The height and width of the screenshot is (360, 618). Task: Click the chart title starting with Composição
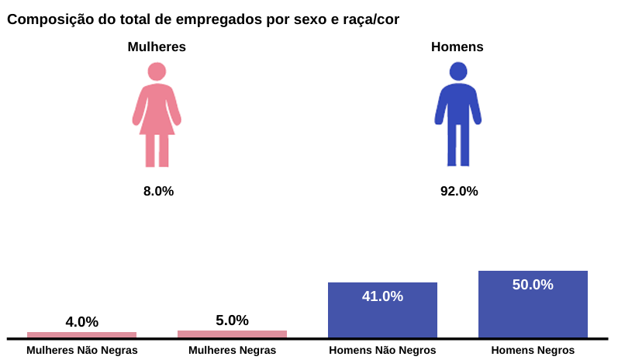(203, 19)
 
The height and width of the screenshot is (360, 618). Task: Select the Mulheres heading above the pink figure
(157, 47)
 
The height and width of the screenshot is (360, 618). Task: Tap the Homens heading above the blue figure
(457, 47)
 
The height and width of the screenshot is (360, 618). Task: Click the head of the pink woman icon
(157, 71)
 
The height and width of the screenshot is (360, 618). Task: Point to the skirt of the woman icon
(157, 120)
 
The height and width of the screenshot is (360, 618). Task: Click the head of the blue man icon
(458, 71)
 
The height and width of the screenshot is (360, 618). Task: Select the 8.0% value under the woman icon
(158, 191)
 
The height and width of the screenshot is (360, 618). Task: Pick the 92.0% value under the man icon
(459, 191)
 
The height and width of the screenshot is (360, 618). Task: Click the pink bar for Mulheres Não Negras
(81, 334)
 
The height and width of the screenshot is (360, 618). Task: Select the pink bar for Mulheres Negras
(232, 334)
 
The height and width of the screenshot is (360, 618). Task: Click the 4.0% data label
(81, 321)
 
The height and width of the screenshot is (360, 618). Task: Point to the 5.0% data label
(232, 320)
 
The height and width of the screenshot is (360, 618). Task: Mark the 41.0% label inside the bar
(382, 296)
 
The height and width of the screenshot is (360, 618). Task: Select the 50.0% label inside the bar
(533, 284)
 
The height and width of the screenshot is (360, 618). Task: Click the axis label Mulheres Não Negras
(81, 350)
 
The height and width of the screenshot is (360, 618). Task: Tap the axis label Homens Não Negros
(382, 350)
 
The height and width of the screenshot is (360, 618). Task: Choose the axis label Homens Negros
(533, 350)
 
